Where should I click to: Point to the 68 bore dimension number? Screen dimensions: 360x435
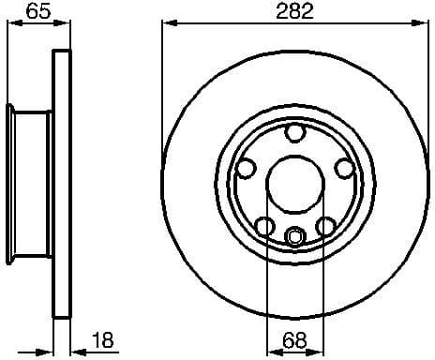point(295,340)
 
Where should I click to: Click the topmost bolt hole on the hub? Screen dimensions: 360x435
point(295,134)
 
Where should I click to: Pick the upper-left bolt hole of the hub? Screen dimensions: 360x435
point(247,169)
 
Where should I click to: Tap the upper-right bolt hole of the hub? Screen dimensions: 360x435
point(344,169)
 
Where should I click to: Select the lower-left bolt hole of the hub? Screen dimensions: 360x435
point(265,226)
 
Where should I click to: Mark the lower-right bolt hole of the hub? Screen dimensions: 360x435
point(325,226)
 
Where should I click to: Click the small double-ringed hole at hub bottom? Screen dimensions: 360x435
point(295,236)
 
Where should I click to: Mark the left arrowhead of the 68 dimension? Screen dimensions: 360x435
point(273,353)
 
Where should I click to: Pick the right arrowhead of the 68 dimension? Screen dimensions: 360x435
point(318,353)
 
